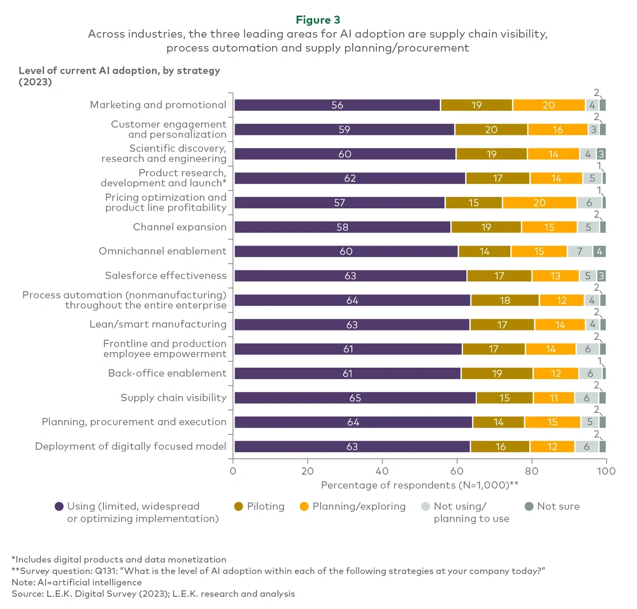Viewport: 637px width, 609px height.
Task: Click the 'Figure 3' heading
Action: click(x=318, y=20)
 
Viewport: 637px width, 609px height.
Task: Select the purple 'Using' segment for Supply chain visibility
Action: click(x=355, y=398)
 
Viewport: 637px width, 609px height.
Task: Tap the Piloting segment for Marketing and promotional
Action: click(x=476, y=105)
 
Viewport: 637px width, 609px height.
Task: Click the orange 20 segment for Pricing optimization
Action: click(x=539, y=203)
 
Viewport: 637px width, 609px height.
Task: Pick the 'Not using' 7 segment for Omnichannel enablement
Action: click(x=580, y=252)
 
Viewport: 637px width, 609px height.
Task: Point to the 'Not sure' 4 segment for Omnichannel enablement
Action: click(x=599, y=252)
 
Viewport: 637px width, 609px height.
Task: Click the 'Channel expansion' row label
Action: click(x=179, y=227)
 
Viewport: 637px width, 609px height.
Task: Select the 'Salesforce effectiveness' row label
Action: click(x=166, y=276)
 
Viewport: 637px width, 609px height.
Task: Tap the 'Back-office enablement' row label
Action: click(x=167, y=373)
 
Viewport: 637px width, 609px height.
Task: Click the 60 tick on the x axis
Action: click(x=457, y=471)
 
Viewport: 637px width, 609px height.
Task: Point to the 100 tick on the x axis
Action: click(x=606, y=471)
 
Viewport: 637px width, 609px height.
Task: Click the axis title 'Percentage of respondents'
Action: click(x=419, y=485)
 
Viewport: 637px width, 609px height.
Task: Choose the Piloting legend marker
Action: click(x=239, y=507)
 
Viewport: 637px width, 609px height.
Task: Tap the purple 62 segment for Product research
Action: click(x=350, y=178)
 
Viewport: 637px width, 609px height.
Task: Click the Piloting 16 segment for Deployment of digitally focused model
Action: click(x=500, y=446)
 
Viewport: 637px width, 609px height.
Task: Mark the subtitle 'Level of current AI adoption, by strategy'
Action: click(x=119, y=71)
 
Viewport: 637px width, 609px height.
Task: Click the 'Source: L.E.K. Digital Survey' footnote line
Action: click(x=153, y=594)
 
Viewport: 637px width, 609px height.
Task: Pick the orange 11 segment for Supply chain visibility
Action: click(x=553, y=398)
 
